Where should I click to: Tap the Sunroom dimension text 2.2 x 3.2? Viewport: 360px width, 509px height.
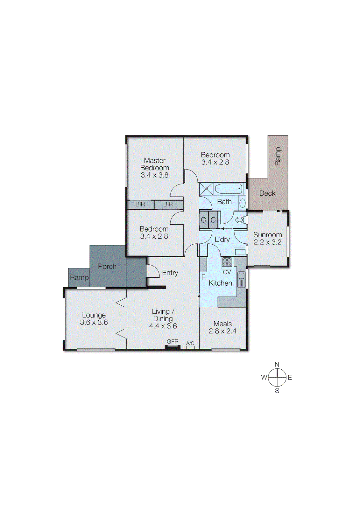point(267,242)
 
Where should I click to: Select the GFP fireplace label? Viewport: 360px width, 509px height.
point(173,341)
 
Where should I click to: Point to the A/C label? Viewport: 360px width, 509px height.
point(190,343)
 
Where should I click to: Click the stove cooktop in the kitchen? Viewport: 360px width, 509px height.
point(227,262)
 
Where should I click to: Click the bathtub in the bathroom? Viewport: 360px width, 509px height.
point(228,189)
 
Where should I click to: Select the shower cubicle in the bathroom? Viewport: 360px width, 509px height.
point(206,189)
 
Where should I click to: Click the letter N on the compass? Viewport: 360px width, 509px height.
point(277,364)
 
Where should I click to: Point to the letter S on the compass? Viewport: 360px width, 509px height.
point(277,391)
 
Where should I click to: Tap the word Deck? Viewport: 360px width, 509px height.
point(267,193)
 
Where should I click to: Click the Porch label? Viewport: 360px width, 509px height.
point(107,266)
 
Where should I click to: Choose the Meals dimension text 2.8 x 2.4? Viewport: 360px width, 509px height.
point(222,331)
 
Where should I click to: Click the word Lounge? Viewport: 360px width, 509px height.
point(94,315)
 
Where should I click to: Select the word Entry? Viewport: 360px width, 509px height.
point(170,273)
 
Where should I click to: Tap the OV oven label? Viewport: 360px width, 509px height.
point(227,272)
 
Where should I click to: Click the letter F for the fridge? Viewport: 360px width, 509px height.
point(203,277)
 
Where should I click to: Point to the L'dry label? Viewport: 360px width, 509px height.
point(222,240)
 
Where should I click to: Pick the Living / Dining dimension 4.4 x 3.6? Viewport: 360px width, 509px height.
point(163,326)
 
